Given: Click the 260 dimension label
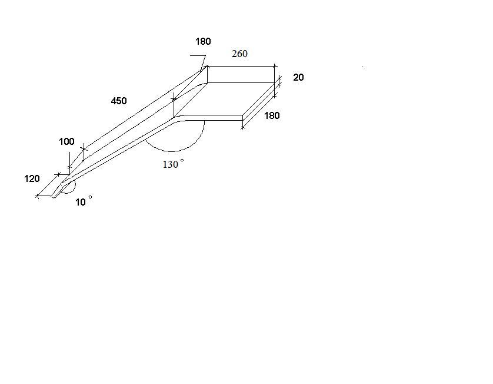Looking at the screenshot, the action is (239, 54).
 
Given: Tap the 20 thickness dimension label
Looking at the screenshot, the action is (298, 77).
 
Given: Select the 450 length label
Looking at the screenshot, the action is (119, 101).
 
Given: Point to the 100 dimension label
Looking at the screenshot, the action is (66, 141).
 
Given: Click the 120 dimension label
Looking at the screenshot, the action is (32, 179).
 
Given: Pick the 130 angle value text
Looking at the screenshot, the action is (171, 165).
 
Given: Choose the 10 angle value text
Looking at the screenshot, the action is (81, 203).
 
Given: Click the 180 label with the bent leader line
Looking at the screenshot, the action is (203, 42).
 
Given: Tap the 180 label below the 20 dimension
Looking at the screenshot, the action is (272, 116).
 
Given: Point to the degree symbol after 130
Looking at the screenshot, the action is (182, 161).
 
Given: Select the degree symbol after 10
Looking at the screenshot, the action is (90, 197).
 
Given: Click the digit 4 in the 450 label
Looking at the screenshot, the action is (114, 101).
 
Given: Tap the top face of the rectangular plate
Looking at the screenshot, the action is (225, 99).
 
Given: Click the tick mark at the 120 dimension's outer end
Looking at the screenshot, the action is (38, 196).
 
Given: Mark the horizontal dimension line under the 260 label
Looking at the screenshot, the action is (241, 67).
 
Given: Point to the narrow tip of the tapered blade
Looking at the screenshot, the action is (54, 197).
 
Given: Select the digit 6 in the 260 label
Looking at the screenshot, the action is (239, 54).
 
